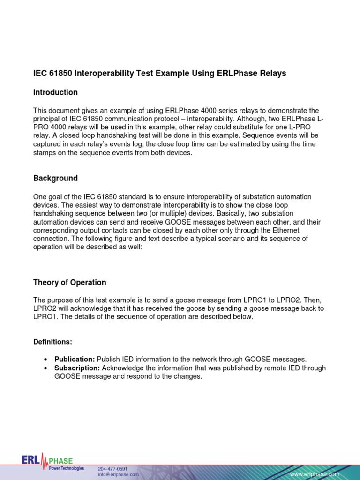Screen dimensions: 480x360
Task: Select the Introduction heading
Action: coord(55,92)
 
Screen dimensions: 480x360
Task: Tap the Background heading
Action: coord(55,179)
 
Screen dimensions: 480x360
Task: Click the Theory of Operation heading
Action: coord(69,283)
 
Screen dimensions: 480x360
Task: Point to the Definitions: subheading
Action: coord(52,342)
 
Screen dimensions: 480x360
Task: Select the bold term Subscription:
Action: coord(77,368)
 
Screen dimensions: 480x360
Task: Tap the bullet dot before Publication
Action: coord(45,360)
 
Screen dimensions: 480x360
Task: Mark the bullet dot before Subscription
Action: coord(45,368)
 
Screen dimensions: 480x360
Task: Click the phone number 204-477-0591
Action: coord(112,469)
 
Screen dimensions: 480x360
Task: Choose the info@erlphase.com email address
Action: coord(118,475)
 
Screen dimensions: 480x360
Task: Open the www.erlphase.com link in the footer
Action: coord(315,475)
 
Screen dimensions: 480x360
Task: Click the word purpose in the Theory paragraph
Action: coord(61,300)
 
